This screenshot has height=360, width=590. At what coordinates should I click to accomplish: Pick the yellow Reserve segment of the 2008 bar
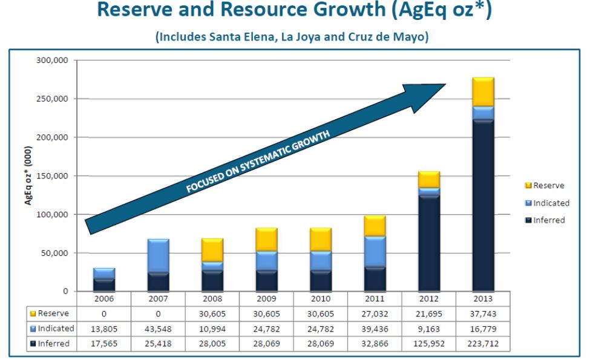click(x=212, y=250)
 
